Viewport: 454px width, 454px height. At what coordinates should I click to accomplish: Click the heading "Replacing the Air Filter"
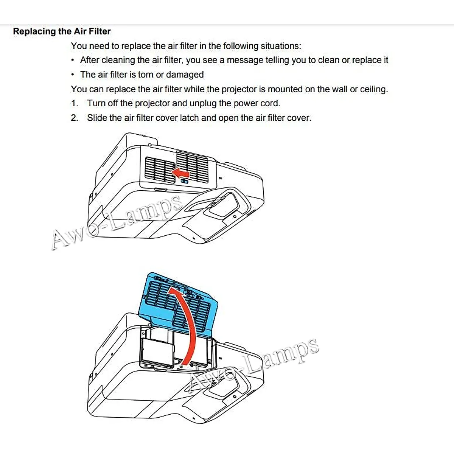[62, 31]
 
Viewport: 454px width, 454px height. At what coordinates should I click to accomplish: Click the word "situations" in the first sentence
[281, 46]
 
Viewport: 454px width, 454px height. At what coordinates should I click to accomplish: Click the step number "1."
[75, 103]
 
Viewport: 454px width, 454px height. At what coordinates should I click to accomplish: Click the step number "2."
[75, 118]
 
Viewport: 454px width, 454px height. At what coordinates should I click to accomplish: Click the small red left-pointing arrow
[181, 173]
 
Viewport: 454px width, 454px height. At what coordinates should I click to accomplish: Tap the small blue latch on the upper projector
[185, 182]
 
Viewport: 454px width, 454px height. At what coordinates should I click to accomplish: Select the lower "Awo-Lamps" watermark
[253, 363]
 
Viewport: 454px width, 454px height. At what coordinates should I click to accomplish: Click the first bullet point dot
[73, 61]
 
